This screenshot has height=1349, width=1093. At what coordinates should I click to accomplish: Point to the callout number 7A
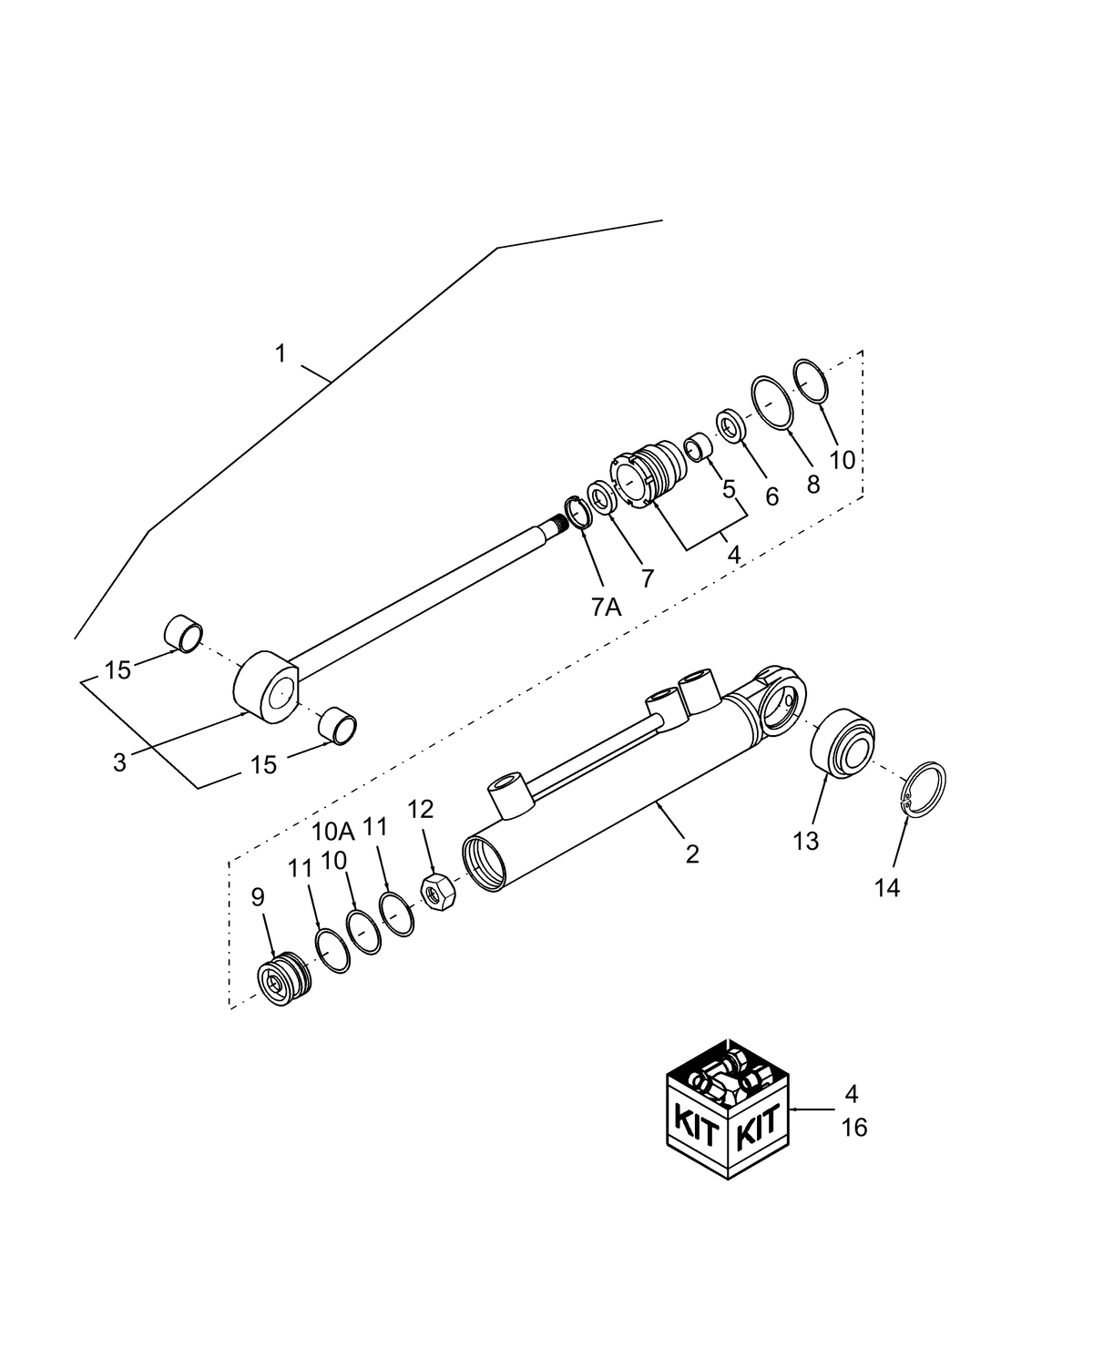[x=605, y=607]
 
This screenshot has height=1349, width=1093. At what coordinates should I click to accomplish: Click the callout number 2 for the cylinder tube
[x=692, y=853]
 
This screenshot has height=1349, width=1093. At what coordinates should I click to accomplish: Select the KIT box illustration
[x=727, y=1109]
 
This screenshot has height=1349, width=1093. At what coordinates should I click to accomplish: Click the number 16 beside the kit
[x=853, y=1128]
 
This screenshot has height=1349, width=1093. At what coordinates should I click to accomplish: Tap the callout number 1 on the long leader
[x=281, y=353]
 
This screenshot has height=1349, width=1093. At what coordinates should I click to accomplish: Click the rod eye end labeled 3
[x=266, y=689]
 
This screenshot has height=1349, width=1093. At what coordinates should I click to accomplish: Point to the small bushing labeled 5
[x=699, y=447]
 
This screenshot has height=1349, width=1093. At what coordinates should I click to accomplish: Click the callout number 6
[x=771, y=496]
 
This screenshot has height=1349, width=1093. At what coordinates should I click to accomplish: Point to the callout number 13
[x=806, y=841]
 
